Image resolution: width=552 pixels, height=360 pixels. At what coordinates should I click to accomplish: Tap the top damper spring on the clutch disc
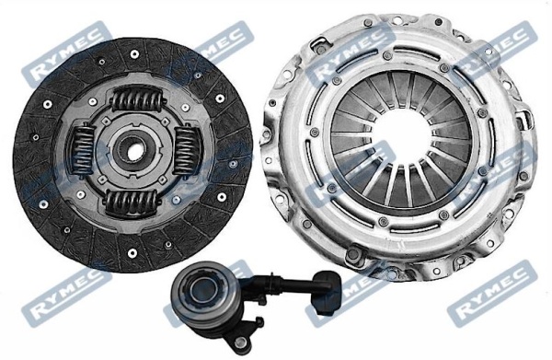137,99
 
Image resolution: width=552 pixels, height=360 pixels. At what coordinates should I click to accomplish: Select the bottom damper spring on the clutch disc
131,203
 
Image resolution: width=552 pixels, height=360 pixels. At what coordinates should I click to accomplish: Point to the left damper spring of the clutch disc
83,150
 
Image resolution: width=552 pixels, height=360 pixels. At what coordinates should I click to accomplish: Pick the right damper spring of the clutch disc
188,150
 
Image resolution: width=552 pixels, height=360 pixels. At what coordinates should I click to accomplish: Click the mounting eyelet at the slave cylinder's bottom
241,341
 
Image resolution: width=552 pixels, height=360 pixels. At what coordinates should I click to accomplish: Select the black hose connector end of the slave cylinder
328,292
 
